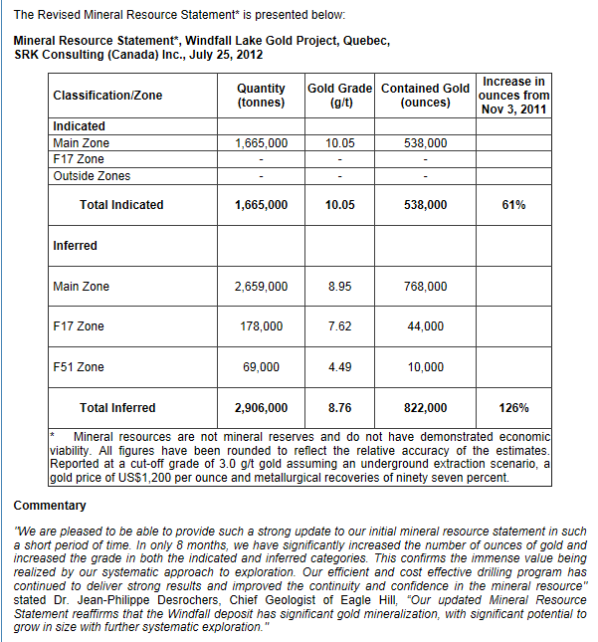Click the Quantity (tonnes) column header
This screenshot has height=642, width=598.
click(261, 96)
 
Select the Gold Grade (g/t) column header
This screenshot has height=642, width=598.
click(340, 96)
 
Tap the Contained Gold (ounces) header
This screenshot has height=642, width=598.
click(425, 96)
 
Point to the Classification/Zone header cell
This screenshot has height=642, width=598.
click(107, 96)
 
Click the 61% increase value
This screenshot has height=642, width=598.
click(513, 205)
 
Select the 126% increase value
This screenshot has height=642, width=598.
click(513, 408)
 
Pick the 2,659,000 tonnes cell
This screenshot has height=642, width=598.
click(261, 287)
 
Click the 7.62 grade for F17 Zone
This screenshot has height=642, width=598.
click(340, 326)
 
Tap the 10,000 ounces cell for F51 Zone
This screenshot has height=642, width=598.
click(426, 367)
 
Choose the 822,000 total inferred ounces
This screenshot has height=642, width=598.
click(426, 408)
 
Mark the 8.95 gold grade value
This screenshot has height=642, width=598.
click(340, 287)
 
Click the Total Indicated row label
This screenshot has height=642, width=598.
click(121, 205)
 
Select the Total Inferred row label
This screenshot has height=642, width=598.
click(117, 408)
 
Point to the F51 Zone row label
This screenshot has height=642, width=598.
click(79, 367)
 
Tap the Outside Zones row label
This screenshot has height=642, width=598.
click(92, 176)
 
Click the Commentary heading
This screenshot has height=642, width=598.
click(43, 506)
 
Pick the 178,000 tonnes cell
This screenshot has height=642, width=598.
click(261, 326)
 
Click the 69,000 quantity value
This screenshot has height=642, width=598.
click(261, 367)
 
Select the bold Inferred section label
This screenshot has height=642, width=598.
click(75, 246)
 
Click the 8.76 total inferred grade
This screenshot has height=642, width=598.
click(340, 408)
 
